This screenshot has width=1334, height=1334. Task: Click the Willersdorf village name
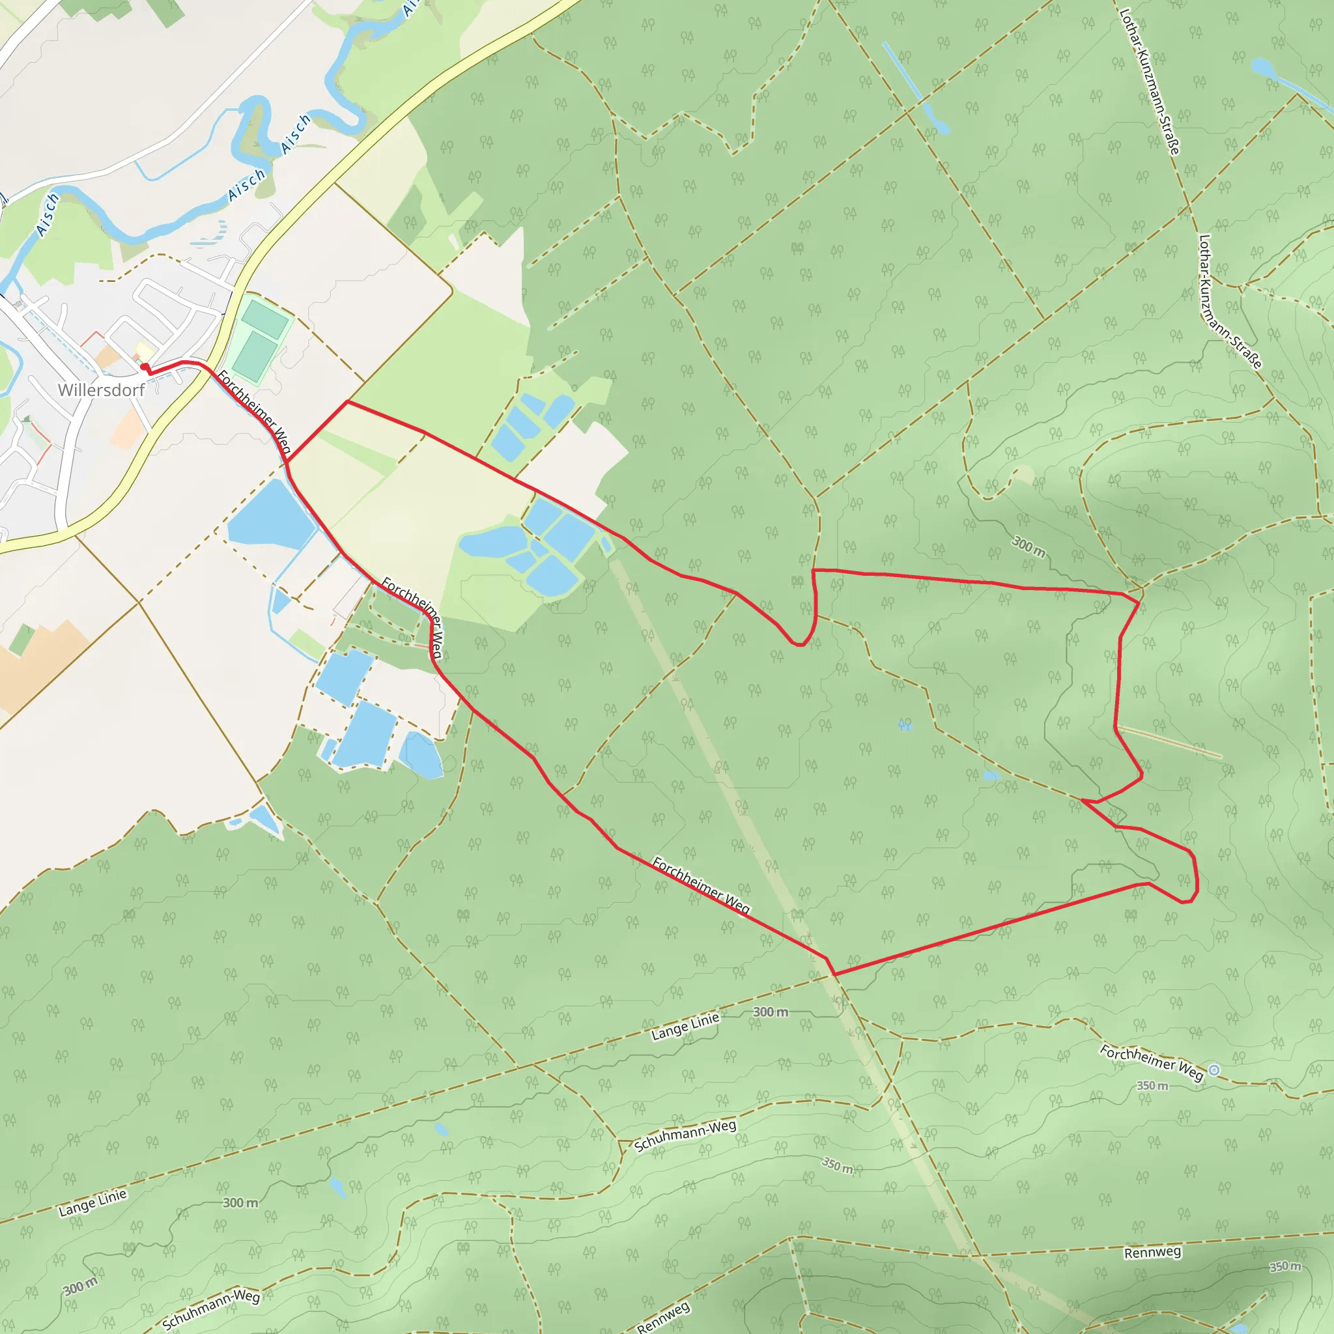(102, 390)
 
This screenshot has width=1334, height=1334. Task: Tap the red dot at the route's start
(143, 367)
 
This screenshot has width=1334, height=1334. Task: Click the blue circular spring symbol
(1215, 1070)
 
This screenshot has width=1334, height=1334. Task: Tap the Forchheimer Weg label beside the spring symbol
(1151, 1062)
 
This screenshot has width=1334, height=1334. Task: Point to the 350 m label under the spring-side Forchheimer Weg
(1152, 1086)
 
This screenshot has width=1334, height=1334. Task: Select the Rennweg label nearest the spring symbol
(1152, 1253)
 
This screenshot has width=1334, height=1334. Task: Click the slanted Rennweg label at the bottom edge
(663, 1318)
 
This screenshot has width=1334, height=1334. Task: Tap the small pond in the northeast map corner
(1263, 68)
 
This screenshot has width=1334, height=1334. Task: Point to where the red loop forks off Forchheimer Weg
(287, 461)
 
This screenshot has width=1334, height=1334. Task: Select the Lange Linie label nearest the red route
(685, 1027)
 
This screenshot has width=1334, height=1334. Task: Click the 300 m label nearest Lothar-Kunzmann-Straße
(1028, 546)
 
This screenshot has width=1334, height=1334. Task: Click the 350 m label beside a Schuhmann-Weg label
(838, 1165)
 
